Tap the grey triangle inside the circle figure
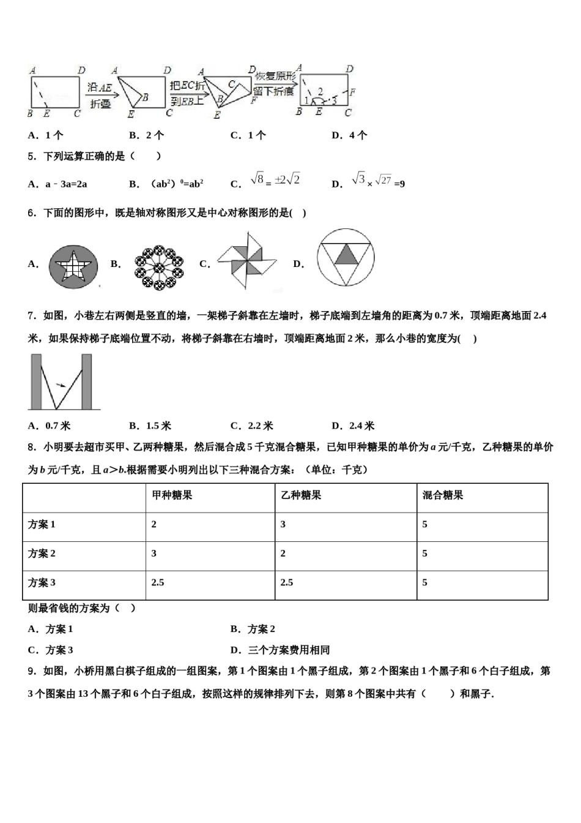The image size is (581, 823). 346,253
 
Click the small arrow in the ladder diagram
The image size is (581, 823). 60,385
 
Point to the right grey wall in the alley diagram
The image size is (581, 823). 87,381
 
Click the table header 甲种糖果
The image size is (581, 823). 172,495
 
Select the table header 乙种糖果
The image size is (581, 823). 301,495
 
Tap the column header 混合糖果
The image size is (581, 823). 443,495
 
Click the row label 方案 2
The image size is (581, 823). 42,554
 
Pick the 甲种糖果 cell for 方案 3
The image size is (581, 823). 158,582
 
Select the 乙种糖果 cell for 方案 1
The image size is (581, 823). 283,524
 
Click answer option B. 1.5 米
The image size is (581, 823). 150,426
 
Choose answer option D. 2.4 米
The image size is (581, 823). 353,426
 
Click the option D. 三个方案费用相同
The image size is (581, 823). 280,650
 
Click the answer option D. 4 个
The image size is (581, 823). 349,135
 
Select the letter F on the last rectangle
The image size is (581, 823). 352,92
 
